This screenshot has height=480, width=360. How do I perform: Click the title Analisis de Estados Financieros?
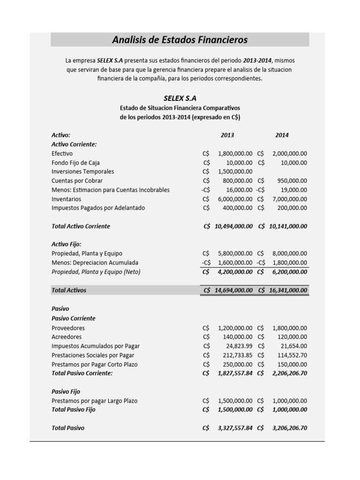pos(180,40)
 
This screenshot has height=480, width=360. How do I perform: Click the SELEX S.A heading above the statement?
pos(180,98)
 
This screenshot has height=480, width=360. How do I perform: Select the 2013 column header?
pos(227,135)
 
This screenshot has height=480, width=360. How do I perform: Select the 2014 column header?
pos(282,135)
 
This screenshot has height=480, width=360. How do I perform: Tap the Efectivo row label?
pos(62,153)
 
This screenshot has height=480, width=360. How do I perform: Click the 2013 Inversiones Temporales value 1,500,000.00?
pos(235,172)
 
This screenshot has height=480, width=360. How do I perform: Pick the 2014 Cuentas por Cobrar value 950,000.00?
pos(291,180)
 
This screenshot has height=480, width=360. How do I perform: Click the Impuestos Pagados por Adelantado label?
pos(98,208)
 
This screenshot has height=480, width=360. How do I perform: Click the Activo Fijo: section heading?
pos(66,244)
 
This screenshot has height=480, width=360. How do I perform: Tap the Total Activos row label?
pos(69,290)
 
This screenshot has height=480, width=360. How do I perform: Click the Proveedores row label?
pos(68,328)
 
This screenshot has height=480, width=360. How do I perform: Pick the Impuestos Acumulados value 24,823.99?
pos(240,346)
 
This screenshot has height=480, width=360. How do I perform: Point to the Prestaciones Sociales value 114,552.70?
pos(291,355)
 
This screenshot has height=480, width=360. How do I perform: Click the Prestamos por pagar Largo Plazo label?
pos(94,401)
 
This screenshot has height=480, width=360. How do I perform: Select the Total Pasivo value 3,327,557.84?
pos(235,428)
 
